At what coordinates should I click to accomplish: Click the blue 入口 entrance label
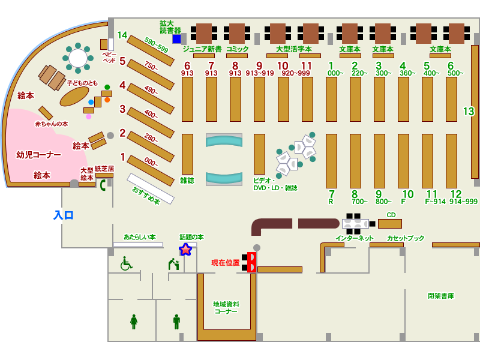(x=63, y=215)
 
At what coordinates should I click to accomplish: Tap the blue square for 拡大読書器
(x=176, y=39)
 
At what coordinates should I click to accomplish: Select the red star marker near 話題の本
(x=185, y=249)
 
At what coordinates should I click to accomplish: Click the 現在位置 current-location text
(x=225, y=263)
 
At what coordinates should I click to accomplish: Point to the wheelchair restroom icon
(x=126, y=263)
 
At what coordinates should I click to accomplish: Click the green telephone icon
(x=103, y=185)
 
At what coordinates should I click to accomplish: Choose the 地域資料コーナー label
(x=226, y=308)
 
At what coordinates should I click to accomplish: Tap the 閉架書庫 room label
(x=440, y=296)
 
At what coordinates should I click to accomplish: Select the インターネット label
(x=354, y=238)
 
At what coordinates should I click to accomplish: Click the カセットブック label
(x=406, y=238)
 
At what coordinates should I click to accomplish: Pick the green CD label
(x=391, y=215)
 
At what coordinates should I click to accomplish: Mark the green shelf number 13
(x=468, y=112)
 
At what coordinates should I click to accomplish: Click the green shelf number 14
(x=122, y=35)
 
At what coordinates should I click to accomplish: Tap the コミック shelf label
(x=237, y=49)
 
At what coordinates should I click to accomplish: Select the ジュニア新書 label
(x=202, y=49)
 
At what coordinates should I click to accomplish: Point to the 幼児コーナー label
(x=38, y=155)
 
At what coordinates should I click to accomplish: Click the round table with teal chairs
(x=78, y=58)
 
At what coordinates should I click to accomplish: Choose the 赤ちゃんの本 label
(x=51, y=124)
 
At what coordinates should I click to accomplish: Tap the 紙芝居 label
(x=104, y=169)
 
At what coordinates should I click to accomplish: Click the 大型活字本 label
(x=293, y=49)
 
